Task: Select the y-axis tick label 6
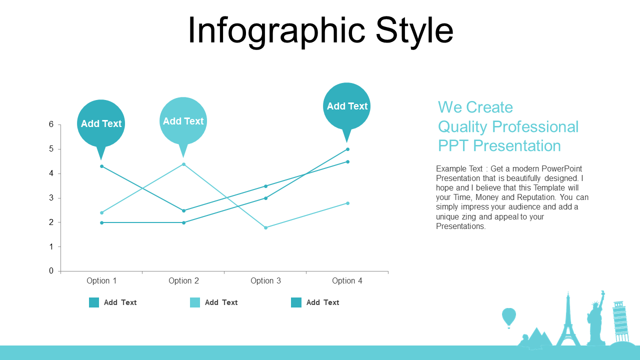[51, 124]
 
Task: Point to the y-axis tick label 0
[51, 271]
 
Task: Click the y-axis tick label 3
[51, 197]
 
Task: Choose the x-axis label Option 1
[101, 281]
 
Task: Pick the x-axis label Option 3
[265, 281]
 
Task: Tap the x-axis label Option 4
[347, 281]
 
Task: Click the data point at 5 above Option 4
[347, 149]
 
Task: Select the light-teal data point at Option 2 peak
[183, 164]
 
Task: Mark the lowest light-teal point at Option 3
[265, 227]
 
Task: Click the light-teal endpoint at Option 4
[347, 203]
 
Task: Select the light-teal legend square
[195, 302]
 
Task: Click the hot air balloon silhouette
[509, 316]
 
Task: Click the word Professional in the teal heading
[535, 126]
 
